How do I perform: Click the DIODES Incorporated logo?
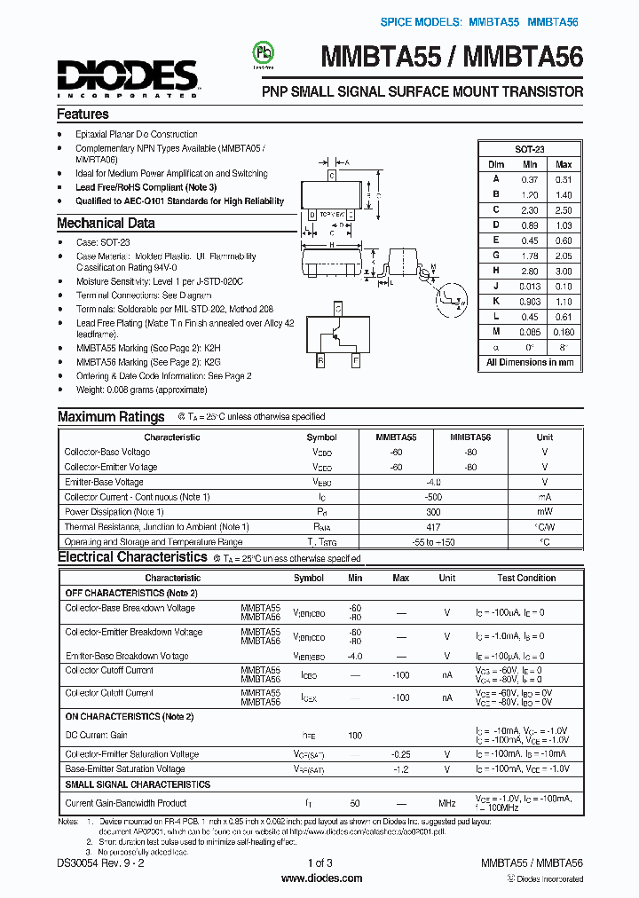click(x=127, y=77)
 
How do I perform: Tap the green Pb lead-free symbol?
click(x=263, y=51)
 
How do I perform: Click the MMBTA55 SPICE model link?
click(x=494, y=20)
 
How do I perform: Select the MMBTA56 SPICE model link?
click(x=556, y=20)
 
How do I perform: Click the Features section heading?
click(x=83, y=114)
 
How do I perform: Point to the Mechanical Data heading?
click(x=106, y=224)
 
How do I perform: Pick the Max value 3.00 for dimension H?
click(x=563, y=271)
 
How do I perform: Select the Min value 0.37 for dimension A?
click(x=530, y=179)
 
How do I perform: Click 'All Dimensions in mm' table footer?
click(x=529, y=362)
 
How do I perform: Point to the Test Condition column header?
click(x=526, y=578)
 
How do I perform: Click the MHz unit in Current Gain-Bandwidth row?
click(x=446, y=803)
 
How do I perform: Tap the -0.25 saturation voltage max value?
click(x=400, y=753)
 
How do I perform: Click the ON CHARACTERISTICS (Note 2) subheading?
click(x=129, y=716)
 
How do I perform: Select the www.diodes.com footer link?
click(x=320, y=878)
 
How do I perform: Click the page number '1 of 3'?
click(x=320, y=863)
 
